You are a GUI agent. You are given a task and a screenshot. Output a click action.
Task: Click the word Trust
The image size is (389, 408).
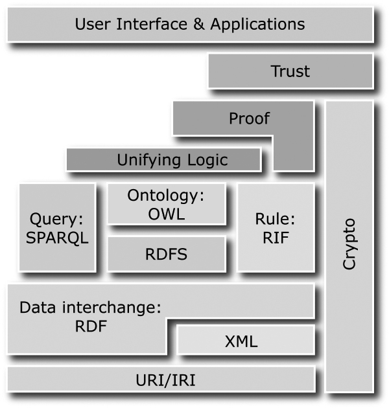point(290,71)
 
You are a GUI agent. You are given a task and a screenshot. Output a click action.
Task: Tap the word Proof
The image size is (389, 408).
point(249,119)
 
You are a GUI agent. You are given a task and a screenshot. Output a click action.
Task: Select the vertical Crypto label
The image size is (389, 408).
point(349,244)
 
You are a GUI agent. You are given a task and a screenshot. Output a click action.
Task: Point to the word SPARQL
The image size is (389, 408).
point(57,237)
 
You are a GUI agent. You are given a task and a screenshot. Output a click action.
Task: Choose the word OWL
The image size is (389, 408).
point(167,214)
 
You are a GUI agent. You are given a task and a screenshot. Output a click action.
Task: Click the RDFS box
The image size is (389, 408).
point(167,254)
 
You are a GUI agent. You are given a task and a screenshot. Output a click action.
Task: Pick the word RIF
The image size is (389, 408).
point(276,237)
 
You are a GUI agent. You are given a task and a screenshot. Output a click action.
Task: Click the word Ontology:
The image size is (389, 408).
point(166,196)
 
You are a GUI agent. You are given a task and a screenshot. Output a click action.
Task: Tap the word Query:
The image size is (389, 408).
point(57,218)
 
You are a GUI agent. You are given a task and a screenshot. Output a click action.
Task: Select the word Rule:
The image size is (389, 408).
point(276,218)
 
